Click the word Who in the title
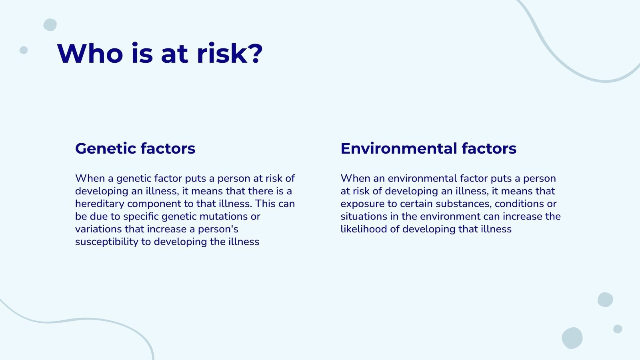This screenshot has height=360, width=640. (90, 54)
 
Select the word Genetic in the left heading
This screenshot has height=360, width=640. (106, 148)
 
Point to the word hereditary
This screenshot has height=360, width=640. (100, 204)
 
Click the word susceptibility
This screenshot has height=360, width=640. (107, 242)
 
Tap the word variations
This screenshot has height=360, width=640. (98, 229)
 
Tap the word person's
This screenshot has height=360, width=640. (218, 230)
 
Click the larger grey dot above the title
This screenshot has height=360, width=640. (50, 25)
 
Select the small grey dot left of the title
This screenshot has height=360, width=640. (24, 50)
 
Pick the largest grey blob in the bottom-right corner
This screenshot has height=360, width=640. (572, 338)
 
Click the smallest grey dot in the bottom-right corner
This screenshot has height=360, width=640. (618, 329)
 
